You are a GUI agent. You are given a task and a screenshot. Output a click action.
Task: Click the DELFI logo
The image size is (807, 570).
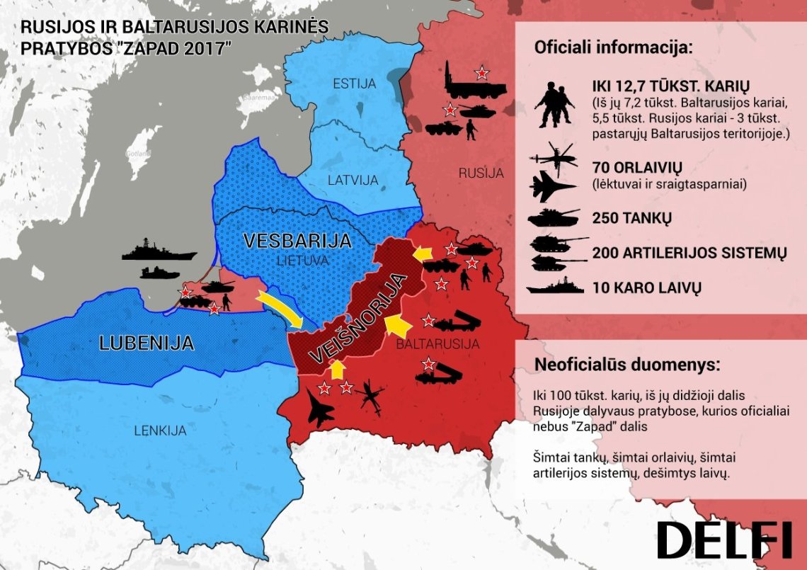click(x=723, y=541)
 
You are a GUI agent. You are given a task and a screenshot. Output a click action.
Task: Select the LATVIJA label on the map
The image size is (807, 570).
click(x=353, y=180)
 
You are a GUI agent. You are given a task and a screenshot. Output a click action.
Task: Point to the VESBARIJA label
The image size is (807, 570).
click(x=297, y=241)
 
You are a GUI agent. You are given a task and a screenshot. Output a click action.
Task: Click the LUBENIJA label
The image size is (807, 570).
click(x=147, y=343)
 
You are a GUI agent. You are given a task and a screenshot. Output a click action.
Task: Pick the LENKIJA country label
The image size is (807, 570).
click(x=159, y=430)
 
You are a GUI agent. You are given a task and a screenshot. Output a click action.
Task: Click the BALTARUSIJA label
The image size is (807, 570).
click(x=437, y=345)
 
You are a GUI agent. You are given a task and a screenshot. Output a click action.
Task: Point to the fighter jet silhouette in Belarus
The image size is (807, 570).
click(x=321, y=409)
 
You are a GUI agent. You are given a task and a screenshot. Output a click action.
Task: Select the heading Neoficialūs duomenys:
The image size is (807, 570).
click(x=627, y=366)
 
